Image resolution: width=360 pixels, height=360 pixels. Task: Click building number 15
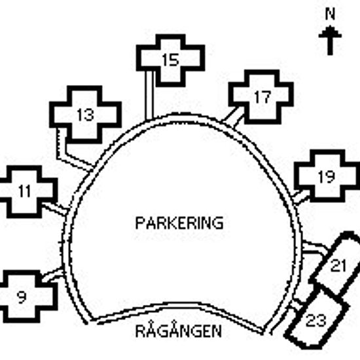tap(170, 60)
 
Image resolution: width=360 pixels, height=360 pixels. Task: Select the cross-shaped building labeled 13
tap(85, 115)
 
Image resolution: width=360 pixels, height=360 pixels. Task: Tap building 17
tap(262, 97)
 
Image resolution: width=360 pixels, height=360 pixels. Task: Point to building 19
tap(327, 176)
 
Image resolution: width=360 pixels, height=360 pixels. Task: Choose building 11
tap(25, 191)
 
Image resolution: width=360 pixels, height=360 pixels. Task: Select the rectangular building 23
tap(317, 320)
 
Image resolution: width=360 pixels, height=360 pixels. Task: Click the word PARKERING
tap(179, 223)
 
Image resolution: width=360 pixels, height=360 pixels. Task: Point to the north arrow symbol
tap(330, 40)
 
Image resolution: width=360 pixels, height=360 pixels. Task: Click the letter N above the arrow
tap(330, 14)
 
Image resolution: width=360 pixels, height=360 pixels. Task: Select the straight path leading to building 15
tap(149, 95)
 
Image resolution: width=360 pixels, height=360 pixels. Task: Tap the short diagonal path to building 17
tap(233, 117)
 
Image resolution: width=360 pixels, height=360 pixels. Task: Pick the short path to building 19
tap(301, 197)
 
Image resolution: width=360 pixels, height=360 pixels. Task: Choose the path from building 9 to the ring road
tap(52, 274)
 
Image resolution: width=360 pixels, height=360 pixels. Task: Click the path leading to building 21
tap(315, 249)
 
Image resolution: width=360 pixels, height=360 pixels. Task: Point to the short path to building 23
tap(298, 302)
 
